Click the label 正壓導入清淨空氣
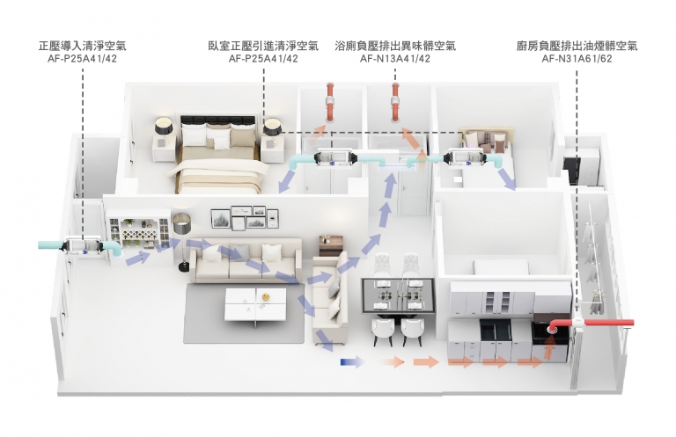pyautogui.click(x=82, y=46)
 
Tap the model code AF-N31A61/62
pyautogui.click(x=577, y=59)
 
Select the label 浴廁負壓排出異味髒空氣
pyautogui.click(x=395, y=46)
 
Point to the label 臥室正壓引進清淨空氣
pyautogui.click(x=263, y=46)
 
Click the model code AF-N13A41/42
pyautogui.click(x=395, y=59)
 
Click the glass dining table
pyautogui.click(x=398, y=295)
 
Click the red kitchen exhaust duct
pyautogui.click(x=591, y=324)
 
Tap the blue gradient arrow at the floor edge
pyautogui.click(x=352, y=362)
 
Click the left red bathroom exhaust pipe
pyautogui.click(x=330, y=103)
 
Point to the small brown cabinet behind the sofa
pyautogui.click(x=331, y=246)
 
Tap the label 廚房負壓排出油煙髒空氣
pyautogui.click(x=577, y=46)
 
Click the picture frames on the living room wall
pyautogui.click(x=245, y=217)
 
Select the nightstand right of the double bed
pyautogui.click(x=273, y=149)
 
